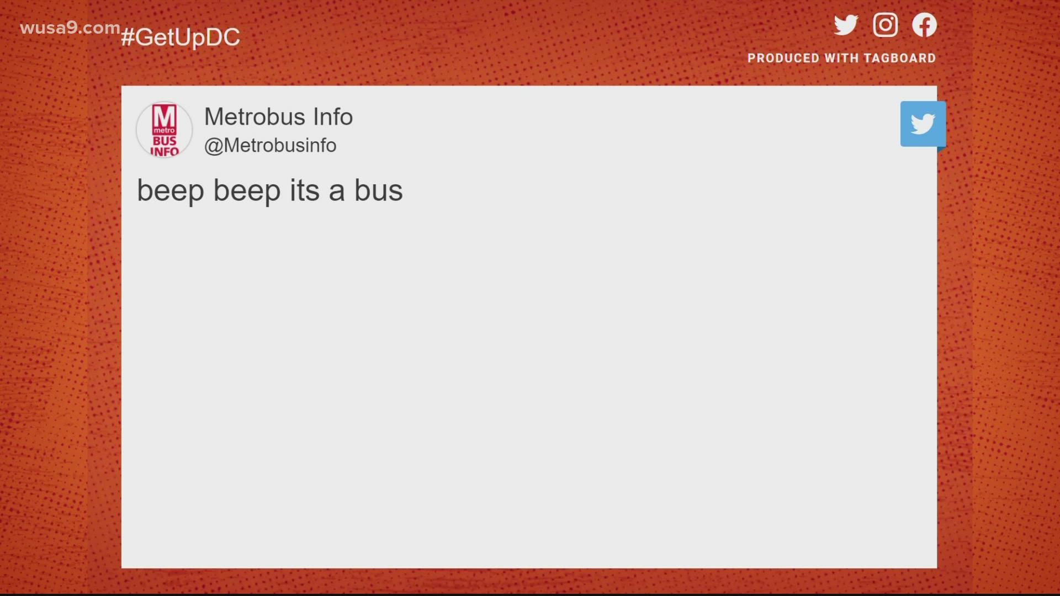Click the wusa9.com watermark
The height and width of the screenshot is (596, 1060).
click(70, 28)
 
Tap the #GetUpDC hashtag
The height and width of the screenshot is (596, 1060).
click(181, 38)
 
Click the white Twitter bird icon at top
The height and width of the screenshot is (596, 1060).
click(846, 25)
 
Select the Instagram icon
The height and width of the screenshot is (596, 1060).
click(885, 25)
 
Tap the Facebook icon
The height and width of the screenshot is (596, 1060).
click(924, 25)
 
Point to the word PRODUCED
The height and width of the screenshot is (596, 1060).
click(783, 58)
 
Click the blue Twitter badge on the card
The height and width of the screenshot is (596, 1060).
click(923, 124)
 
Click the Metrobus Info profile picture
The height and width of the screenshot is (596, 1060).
click(165, 130)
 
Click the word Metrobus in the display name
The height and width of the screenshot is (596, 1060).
click(255, 117)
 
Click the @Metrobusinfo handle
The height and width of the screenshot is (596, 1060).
click(270, 146)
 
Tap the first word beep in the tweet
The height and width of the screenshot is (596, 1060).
click(171, 191)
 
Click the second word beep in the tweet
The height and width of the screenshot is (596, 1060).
click(247, 191)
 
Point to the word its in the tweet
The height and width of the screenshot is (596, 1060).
click(305, 191)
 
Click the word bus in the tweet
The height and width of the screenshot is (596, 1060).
click(378, 191)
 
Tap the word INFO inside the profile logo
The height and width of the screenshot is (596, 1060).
click(165, 151)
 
